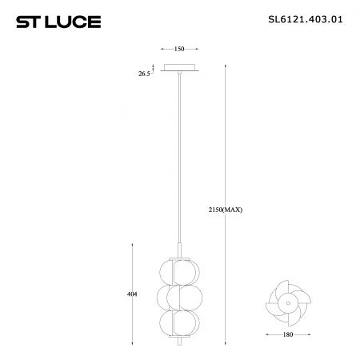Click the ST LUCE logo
[58, 22]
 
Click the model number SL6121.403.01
[306, 19]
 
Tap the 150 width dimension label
[179, 49]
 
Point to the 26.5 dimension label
[144, 74]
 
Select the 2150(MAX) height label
[226, 210]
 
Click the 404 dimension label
[132, 294]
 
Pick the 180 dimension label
[288, 334]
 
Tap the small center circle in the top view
[288, 303]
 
